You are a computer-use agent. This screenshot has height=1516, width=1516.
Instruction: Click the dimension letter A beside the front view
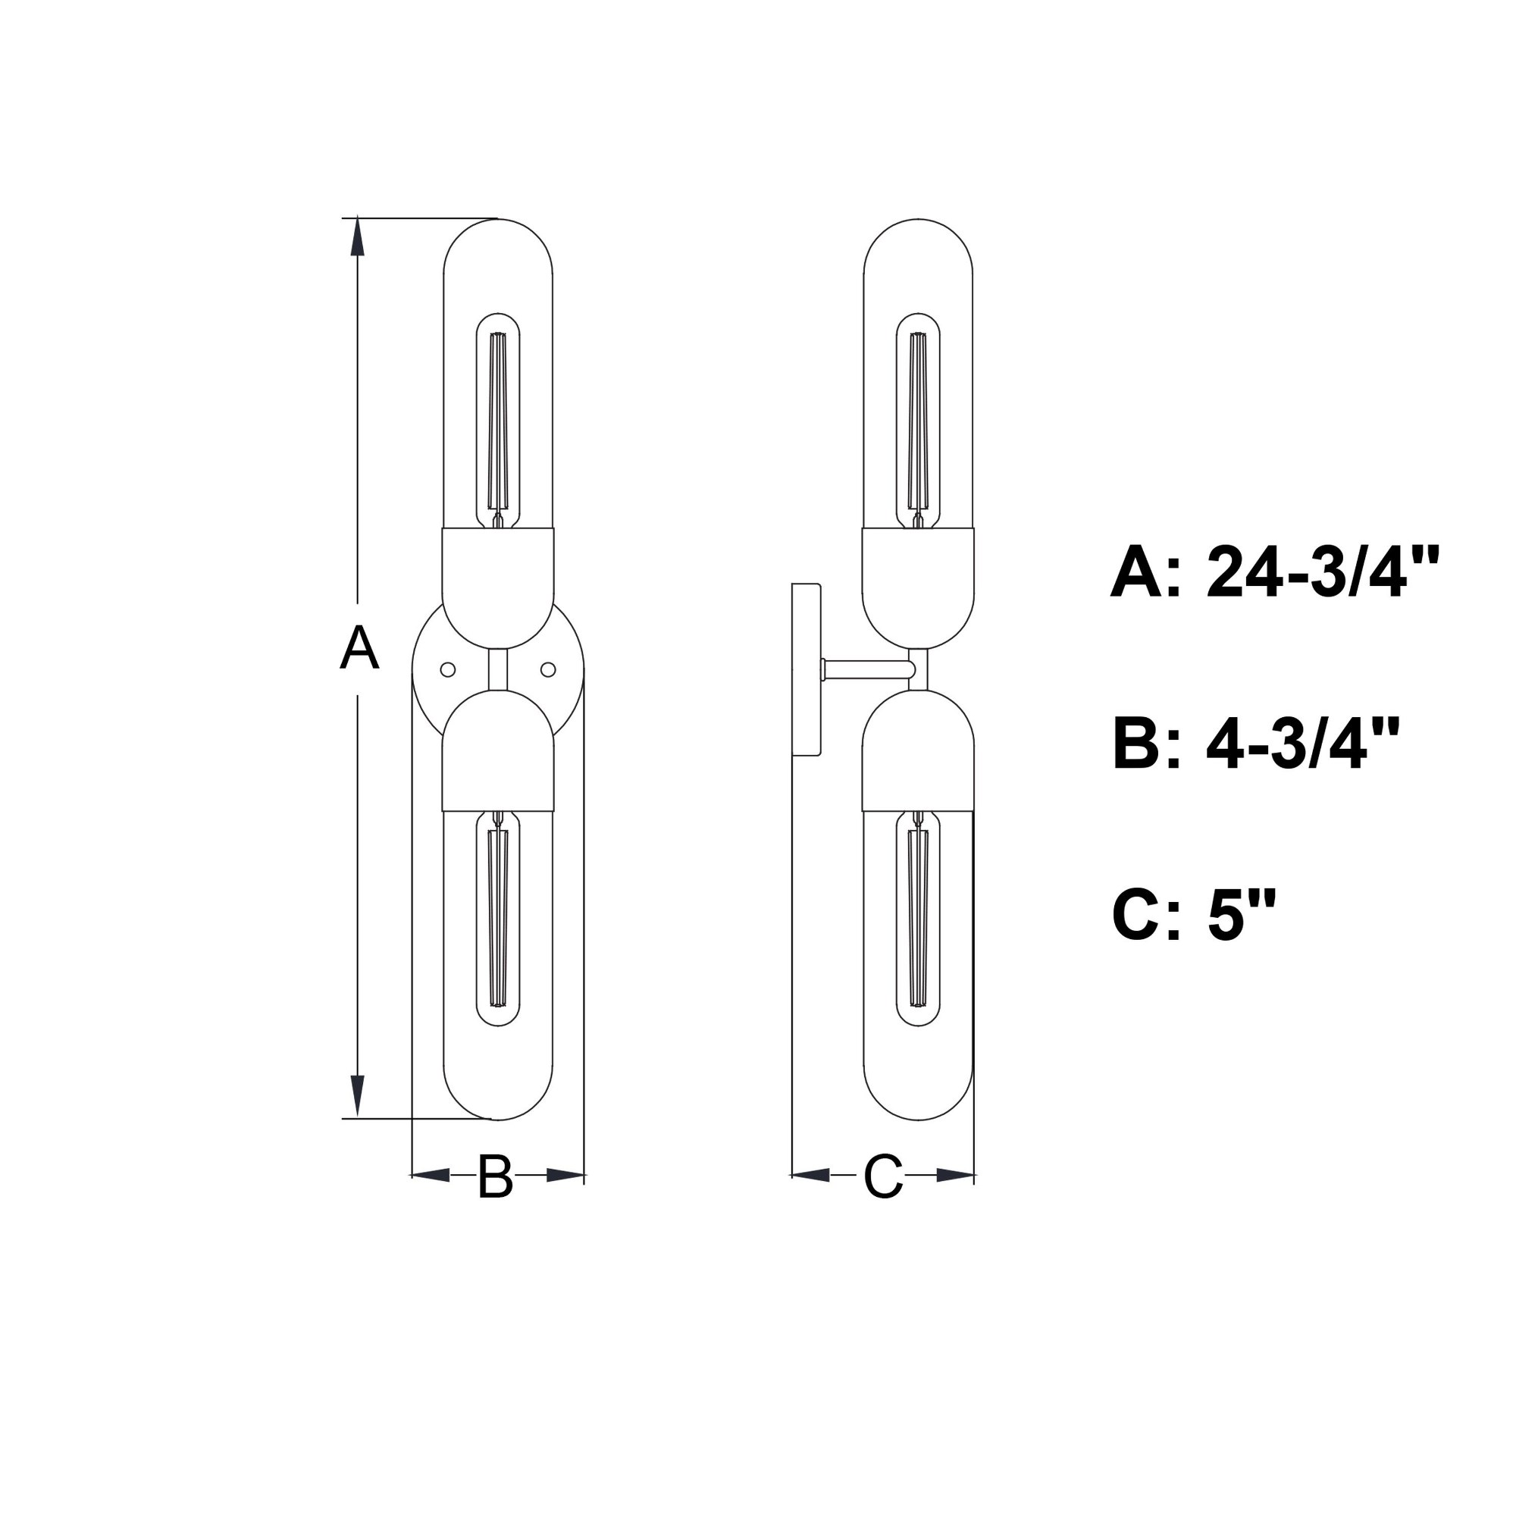tap(359, 648)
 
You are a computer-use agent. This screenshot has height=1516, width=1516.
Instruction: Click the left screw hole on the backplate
tap(448, 669)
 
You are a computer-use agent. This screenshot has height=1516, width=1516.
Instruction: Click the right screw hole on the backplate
tap(549, 669)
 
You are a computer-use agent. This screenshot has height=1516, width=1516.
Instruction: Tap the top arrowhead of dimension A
tap(358, 237)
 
